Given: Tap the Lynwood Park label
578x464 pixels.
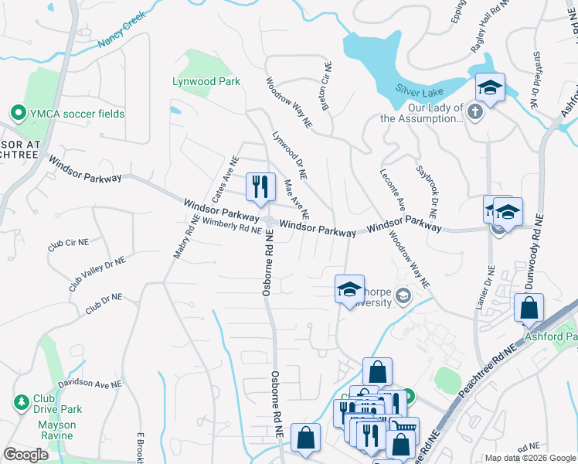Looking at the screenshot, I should tap(206, 81).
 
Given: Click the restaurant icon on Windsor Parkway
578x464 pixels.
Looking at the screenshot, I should tap(260, 186).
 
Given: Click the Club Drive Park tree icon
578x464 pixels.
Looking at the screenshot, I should tap(21, 402).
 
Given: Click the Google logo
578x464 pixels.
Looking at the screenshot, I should tap(25, 455).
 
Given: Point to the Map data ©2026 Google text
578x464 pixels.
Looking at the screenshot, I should tap(530, 458).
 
